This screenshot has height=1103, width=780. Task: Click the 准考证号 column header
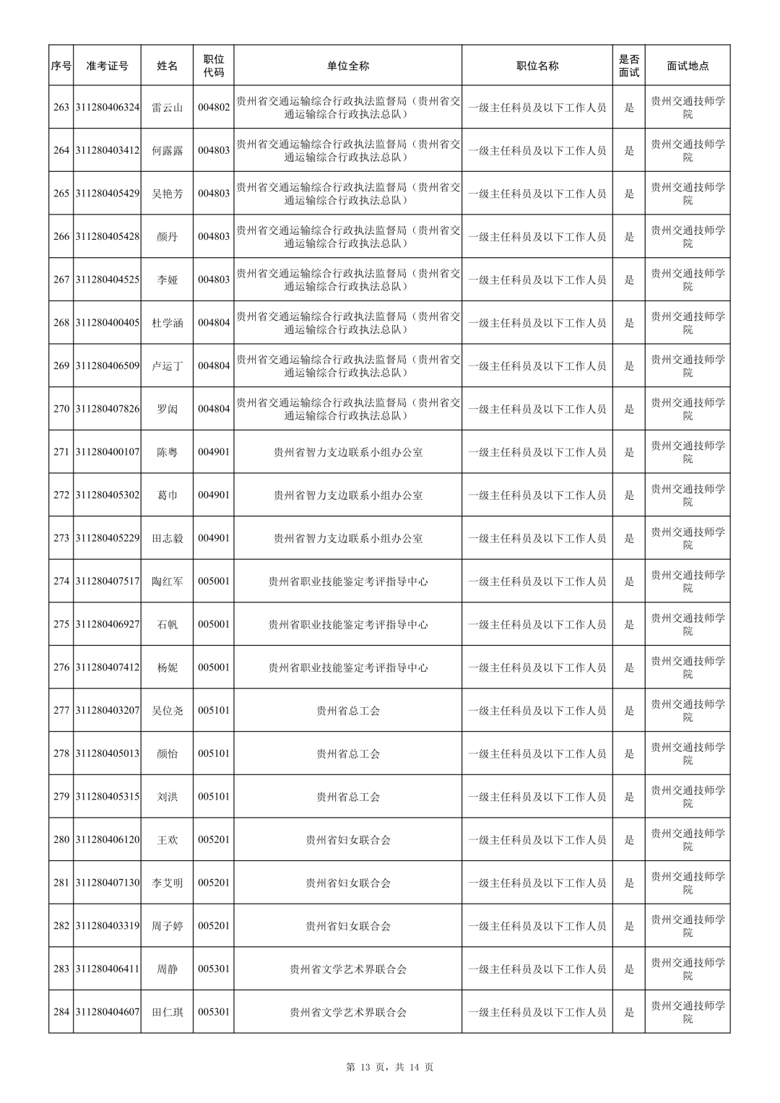[x=107, y=66]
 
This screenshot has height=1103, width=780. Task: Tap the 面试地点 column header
[x=688, y=66]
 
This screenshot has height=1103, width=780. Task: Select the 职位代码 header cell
[x=213, y=66]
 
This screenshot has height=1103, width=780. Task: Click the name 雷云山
[x=167, y=108]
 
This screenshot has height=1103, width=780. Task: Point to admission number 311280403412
[x=107, y=150]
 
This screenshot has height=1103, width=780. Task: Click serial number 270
[x=61, y=409]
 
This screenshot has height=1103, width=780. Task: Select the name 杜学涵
[x=167, y=323]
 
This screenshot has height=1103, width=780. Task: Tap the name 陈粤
[x=167, y=452]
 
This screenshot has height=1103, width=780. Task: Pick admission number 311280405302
[x=107, y=495]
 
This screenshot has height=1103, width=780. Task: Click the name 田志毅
[x=167, y=538]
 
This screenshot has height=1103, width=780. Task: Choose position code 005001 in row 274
[x=213, y=581]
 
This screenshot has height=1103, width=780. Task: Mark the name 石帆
[x=167, y=624]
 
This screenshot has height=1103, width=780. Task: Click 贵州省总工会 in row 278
[x=347, y=753]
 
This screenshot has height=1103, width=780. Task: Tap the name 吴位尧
[x=167, y=710]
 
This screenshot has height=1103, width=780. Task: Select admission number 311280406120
[x=107, y=839]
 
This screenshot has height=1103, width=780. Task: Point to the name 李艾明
[x=167, y=883]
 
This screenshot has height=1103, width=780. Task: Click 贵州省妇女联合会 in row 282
[x=347, y=925]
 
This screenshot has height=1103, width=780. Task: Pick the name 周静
[x=167, y=969]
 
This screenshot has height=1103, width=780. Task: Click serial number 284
[x=61, y=1011]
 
